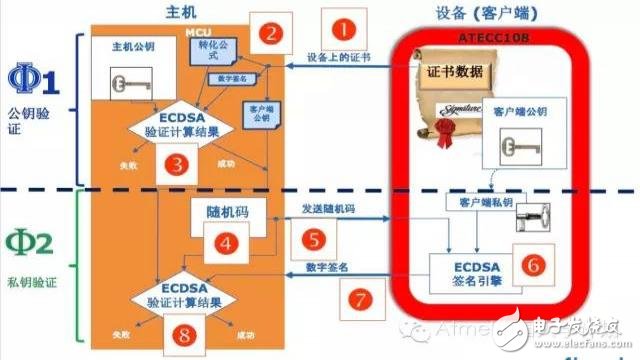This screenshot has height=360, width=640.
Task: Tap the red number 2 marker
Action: click(270, 33)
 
